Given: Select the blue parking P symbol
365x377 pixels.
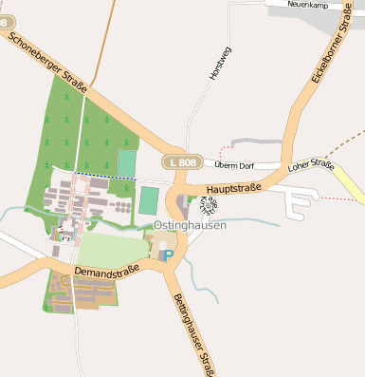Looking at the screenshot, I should tap(169, 254).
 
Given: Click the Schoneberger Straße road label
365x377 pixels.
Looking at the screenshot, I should tap(47, 65).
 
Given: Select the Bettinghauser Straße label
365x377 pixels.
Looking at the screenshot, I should tap(190, 332).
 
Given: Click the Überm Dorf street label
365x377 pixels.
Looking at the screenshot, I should tap(235, 164).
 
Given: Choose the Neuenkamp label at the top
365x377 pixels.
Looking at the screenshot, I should tap(314, 5).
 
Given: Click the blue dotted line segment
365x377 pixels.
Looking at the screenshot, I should tap(104, 177).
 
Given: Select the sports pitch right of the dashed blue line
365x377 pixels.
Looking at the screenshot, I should tap(127, 163).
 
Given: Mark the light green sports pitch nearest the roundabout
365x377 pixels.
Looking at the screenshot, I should tap(149, 200).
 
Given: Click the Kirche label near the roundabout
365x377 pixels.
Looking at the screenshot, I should tap(211, 205).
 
